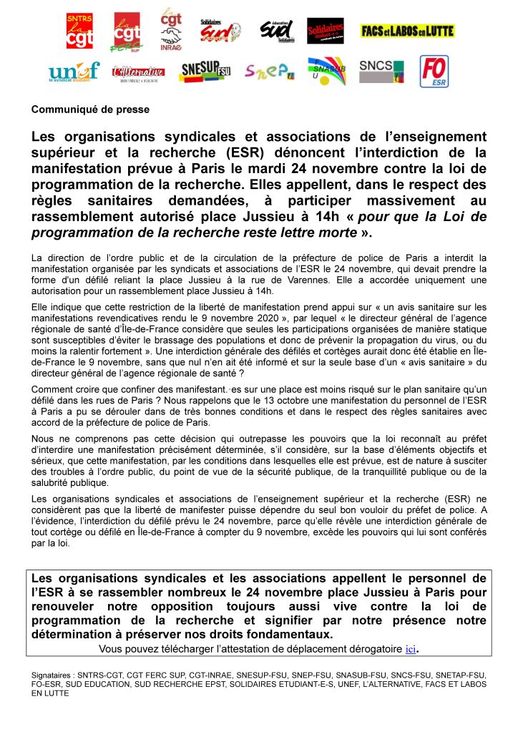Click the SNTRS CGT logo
click(79, 31)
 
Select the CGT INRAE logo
click(171, 29)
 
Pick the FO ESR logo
click(434, 72)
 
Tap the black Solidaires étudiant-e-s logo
click(325, 31)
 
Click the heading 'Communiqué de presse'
click(90, 109)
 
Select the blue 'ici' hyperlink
click(410, 649)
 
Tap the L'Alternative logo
click(138, 72)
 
